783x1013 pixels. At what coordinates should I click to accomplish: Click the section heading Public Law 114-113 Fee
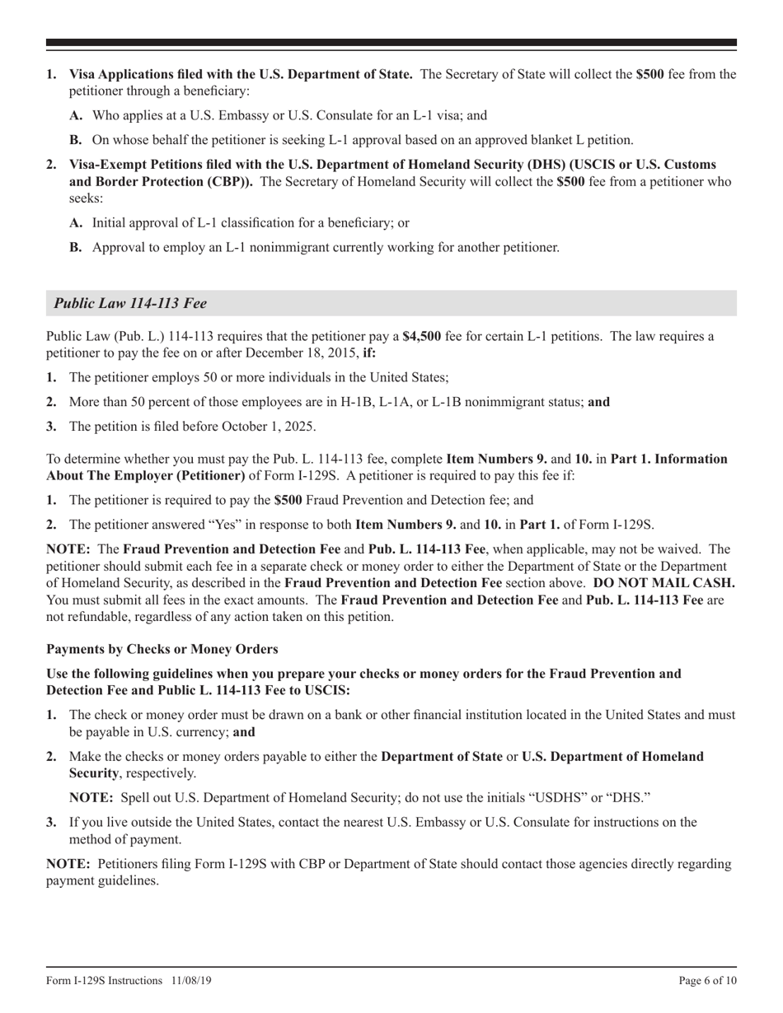[x=130, y=303]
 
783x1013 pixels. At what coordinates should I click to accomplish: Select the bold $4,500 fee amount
[x=421, y=336]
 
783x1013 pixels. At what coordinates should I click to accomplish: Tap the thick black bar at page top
[x=391, y=42]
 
